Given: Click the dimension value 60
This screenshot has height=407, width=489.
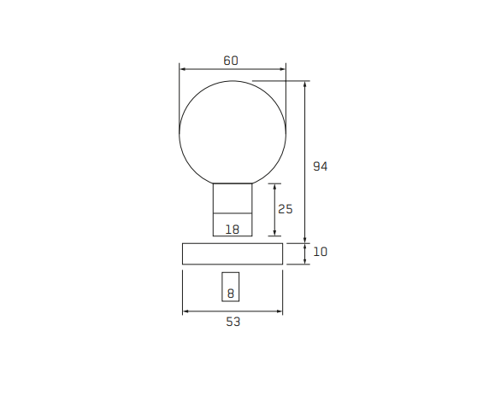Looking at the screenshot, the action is (x=231, y=61).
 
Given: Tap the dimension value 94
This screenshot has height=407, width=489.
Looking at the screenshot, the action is (x=321, y=166).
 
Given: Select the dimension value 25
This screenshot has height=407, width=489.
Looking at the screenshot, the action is (x=285, y=209).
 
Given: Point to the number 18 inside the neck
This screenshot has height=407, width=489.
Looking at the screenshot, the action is (x=233, y=230).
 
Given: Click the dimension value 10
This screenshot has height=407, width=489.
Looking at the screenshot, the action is (x=321, y=252).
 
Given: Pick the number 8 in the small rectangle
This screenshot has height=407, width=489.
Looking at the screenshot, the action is (x=231, y=294).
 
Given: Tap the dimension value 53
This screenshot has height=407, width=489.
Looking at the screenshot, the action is (x=233, y=322).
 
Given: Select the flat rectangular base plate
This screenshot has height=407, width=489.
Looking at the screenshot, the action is (x=233, y=254).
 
